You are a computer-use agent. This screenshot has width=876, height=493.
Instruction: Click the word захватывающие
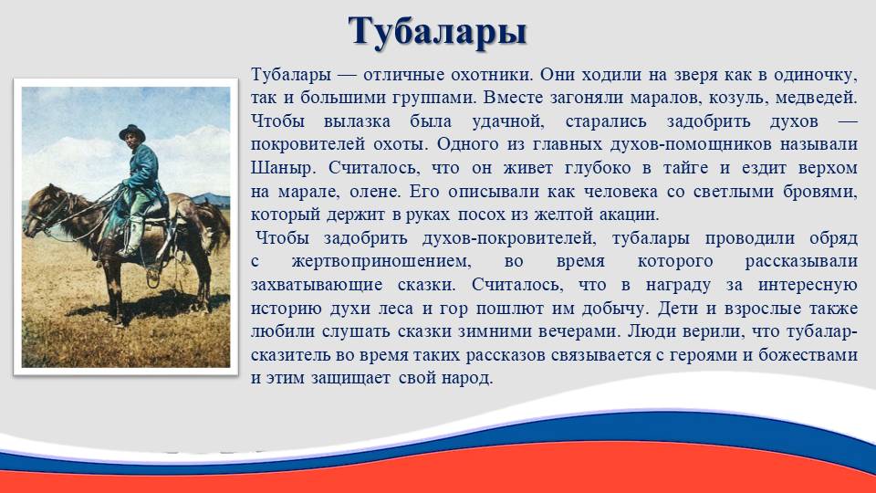pyautogui.click(x=317, y=285)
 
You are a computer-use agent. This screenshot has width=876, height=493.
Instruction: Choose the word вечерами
pyautogui.click(x=579, y=331)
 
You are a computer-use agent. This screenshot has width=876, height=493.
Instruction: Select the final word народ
pyautogui.click(x=467, y=378)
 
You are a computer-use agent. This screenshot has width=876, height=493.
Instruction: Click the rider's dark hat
pyautogui.click(x=132, y=132)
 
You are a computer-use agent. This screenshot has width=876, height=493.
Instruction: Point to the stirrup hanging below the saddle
pyautogui.click(x=153, y=276)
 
